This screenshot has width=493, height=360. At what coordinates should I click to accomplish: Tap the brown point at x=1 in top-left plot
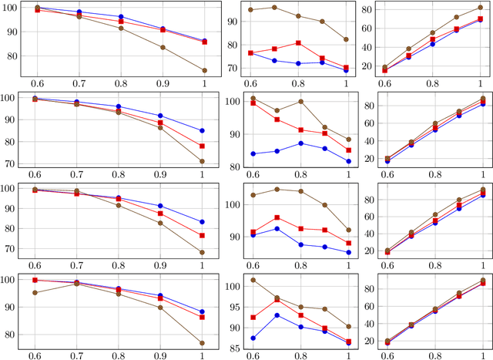click(204, 70)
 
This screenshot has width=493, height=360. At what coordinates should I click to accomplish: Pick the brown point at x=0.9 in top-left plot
click(162, 47)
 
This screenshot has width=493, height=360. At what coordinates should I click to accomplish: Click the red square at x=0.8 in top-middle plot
click(299, 43)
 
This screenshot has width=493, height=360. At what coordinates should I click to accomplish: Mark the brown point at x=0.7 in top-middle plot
click(275, 7)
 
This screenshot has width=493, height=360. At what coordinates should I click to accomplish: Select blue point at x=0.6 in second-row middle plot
click(251, 153)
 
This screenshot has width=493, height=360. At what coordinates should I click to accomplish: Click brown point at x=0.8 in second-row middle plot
click(299, 102)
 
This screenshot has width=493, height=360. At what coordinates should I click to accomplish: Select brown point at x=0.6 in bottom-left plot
click(35, 292)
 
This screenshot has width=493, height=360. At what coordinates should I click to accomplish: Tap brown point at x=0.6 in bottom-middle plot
click(251, 280)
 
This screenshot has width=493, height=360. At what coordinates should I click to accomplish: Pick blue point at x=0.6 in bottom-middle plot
click(251, 338)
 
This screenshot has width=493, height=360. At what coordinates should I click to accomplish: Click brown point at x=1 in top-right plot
click(480, 8)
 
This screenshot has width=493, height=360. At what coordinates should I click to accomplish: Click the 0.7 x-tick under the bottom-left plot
click(78, 355)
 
